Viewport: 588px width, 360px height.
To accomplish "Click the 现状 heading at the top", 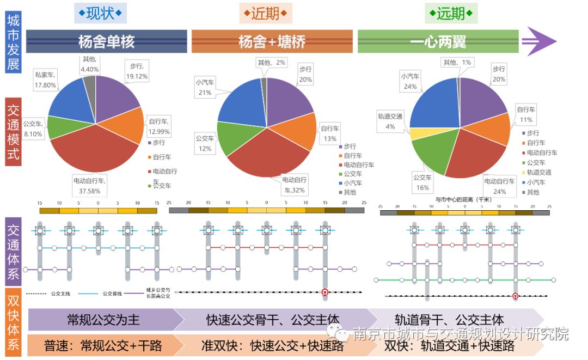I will click(x=100, y=13).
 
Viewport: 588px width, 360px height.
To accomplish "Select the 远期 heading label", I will click(x=451, y=13).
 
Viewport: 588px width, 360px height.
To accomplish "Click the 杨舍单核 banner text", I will click(x=106, y=41).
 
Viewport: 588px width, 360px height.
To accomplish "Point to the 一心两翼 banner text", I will click(x=438, y=41).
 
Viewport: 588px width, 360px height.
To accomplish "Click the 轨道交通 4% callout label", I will click(x=390, y=121).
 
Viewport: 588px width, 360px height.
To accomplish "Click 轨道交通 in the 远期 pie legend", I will click(x=541, y=172).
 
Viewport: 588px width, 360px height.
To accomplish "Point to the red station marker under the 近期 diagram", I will click(x=325, y=292).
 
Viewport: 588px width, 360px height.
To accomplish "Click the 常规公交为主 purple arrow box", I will click(x=103, y=319).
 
